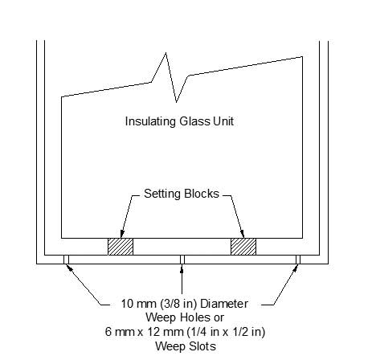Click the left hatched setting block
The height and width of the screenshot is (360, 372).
click(x=121, y=247)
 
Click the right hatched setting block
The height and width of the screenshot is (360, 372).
click(x=243, y=247)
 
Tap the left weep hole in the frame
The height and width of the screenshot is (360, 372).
click(x=66, y=260)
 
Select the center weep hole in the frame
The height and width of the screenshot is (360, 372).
click(x=182, y=260)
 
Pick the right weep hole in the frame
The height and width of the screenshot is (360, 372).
click(x=298, y=260)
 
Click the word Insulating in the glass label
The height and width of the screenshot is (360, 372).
click(x=150, y=121)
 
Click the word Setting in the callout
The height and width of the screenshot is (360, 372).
click(x=161, y=194)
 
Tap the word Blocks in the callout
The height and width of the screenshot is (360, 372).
click(x=200, y=194)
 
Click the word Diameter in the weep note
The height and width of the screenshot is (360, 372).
click(x=224, y=304)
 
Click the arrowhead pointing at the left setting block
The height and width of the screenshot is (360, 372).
click(x=122, y=234)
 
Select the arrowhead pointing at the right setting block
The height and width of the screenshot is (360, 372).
click(x=242, y=234)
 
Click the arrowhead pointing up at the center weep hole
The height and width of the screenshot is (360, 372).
click(x=182, y=268)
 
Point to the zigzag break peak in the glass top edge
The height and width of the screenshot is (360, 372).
click(x=166, y=53)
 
